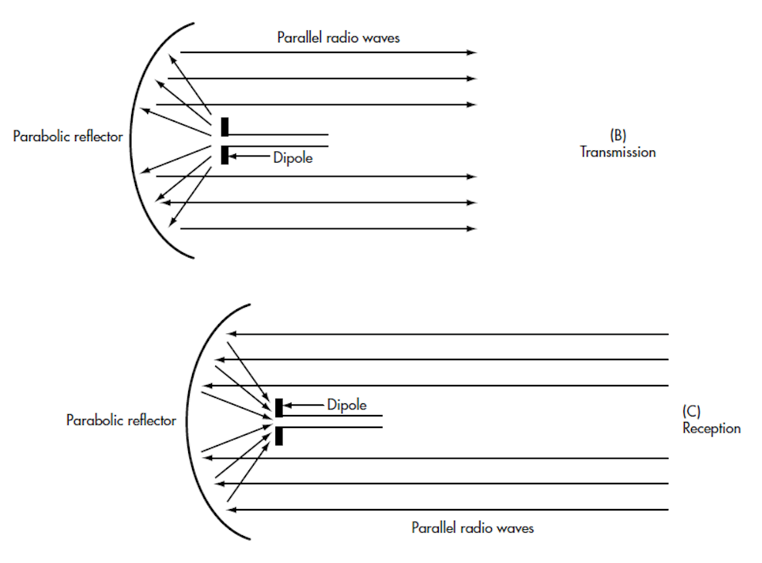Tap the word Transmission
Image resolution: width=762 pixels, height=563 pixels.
(x=618, y=152)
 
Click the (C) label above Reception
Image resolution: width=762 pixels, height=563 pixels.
(x=691, y=411)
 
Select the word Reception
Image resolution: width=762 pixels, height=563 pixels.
(x=711, y=429)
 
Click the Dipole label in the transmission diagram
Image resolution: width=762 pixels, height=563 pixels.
(x=292, y=157)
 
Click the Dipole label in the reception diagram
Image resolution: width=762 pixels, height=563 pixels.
(x=346, y=405)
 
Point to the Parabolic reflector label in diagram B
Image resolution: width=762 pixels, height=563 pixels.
(x=68, y=137)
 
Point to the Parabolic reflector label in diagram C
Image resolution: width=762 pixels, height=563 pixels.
(x=121, y=420)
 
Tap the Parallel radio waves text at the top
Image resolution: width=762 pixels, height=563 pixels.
(x=339, y=37)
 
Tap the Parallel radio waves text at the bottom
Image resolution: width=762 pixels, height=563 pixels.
(x=472, y=528)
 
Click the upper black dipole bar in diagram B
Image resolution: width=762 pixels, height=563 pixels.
(x=224, y=126)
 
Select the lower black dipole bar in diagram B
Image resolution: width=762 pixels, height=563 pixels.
(x=224, y=155)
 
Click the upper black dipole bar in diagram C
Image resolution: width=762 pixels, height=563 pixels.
(x=279, y=407)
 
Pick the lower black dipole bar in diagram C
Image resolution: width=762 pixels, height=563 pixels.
(x=279, y=436)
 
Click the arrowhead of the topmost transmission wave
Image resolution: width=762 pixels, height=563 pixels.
(x=472, y=52)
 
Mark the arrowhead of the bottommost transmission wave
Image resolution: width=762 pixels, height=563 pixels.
(x=472, y=228)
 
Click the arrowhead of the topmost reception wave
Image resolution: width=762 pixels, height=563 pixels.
(x=232, y=334)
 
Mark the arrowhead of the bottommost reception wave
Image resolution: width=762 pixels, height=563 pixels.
(x=232, y=510)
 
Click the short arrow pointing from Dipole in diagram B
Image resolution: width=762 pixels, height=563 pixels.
(x=249, y=156)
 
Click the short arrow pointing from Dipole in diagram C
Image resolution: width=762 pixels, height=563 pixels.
(x=303, y=405)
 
